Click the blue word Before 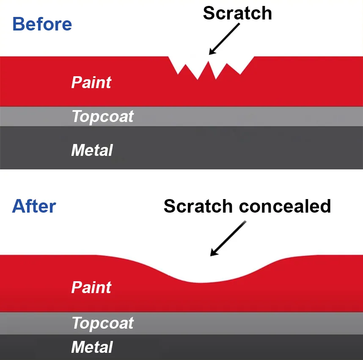(42, 24)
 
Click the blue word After (34, 206)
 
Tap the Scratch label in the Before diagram (237, 13)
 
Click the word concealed (285, 206)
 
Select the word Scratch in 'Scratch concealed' (198, 206)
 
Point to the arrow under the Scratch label (224, 39)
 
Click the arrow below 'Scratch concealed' (228, 238)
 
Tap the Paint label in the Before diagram (91, 82)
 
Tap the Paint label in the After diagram (91, 288)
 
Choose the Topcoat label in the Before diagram (102, 116)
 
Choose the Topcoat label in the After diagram (102, 323)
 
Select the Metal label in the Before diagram (92, 150)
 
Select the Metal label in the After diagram (92, 347)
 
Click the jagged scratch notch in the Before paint (211, 66)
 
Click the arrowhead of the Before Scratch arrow (212, 52)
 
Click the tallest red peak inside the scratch (209, 62)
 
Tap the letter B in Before (18, 24)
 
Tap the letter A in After (19, 206)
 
